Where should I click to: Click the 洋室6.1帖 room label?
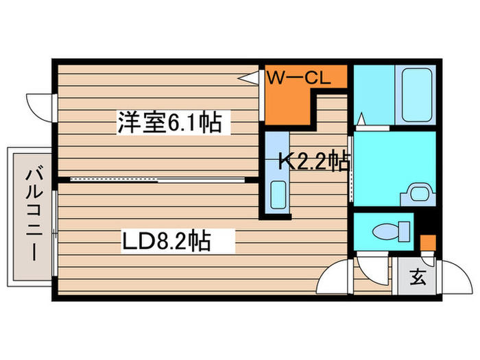[x=169, y=123]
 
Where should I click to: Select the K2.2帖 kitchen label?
[x=314, y=161]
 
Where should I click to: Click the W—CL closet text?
[x=299, y=77]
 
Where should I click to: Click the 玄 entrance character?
[x=418, y=276]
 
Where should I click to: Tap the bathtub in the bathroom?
[x=417, y=95]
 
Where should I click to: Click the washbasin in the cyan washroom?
[x=418, y=194]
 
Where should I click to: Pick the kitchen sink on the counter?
[x=278, y=195]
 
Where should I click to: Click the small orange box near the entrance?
[x=428, y=243]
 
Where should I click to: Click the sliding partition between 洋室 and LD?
[x=157, y=180]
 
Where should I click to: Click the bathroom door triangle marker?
[x=361, y=119]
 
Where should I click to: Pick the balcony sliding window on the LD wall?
[x=55, y=234]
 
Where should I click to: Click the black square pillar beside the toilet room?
[x=425, y=222]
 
